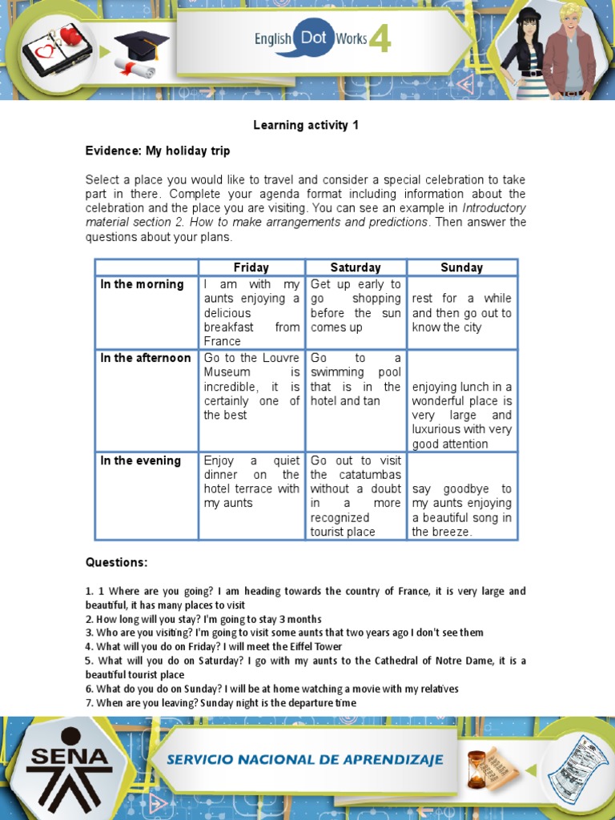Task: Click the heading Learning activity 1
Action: [306, 125]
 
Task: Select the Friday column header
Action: [251, 267]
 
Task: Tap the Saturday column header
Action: [356, 267]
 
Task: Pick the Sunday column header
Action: [461, 267]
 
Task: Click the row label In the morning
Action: [142, 284]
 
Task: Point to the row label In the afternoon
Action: [146, 358]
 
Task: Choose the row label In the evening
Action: [141, 460]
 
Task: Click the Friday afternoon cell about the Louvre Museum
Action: [251, 386]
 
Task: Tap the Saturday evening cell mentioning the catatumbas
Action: [356, 496]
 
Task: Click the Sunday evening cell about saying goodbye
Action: [461, 510]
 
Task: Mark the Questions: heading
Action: [117, 562]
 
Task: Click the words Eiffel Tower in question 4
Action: [315, 646]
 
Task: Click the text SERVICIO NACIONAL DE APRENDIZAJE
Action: [305, 759]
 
